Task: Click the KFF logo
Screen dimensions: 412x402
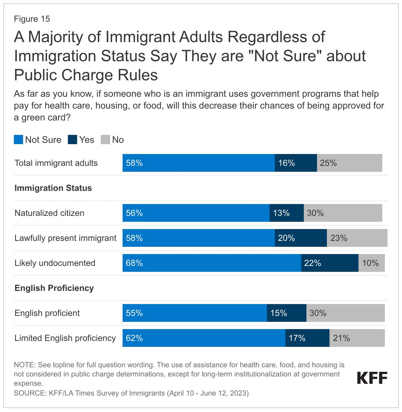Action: click(x=372, y=378)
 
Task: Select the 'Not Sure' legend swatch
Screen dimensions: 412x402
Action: click(x=18, y=140)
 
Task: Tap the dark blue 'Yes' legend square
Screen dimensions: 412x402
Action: click(x=72, y=140)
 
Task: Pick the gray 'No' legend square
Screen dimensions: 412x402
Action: click(x=105, y=140)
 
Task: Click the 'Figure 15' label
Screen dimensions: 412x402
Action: click(x=32, y=19)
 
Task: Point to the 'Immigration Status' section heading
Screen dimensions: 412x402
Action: click(x=53, y=188)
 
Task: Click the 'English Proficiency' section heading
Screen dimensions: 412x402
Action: click(x=54, y=288)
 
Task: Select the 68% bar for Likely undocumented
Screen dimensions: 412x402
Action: click(x=212, y=263)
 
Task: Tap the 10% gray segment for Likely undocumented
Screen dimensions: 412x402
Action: click(x=371, y=263)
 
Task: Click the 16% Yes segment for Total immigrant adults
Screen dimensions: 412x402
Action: click(x=296, y=163)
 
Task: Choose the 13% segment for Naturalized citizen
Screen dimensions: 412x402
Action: click(x=286, y=213)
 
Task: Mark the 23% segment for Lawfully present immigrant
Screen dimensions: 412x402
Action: click(x=357, y=238)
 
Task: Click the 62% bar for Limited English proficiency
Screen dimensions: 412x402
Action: click(x=204, y=338)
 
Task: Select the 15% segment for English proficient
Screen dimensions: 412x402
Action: click(x=286, y=313)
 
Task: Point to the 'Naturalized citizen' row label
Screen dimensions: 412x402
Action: click(x=49, y=213)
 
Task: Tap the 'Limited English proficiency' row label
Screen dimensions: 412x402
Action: click(x=65, y=338)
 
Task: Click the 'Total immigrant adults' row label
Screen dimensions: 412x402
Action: click(x=56, y=163)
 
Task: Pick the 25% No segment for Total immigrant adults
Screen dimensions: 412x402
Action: click(x=349, y=163)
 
